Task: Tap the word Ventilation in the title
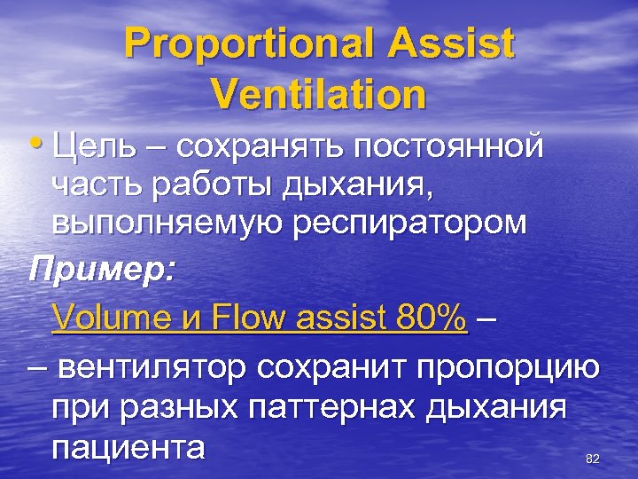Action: (x=319, y=93)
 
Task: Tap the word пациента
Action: (x=128, y=446)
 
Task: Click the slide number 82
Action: (x=593, y=459)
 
